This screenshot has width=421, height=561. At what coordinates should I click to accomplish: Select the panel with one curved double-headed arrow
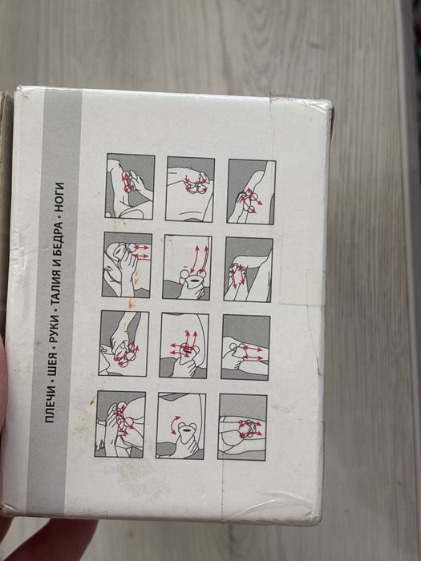[x=180, y=426]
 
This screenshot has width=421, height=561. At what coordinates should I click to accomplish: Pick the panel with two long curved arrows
[x=187, y=267]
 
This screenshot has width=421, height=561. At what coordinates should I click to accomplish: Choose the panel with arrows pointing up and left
[x=184, y=345]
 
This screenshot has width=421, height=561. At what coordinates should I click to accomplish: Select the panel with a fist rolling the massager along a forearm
[x=245, y=347]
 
